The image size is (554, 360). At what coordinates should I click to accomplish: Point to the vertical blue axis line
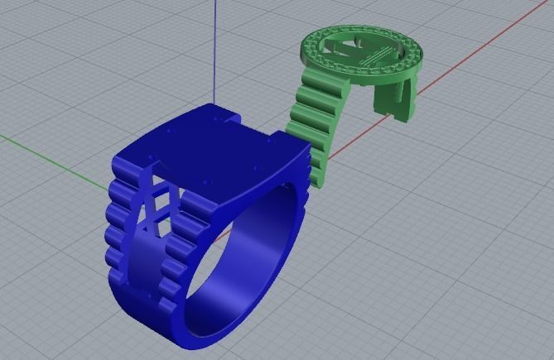[215, 50]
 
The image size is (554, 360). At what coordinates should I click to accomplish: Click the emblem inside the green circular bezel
[364, 54]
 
